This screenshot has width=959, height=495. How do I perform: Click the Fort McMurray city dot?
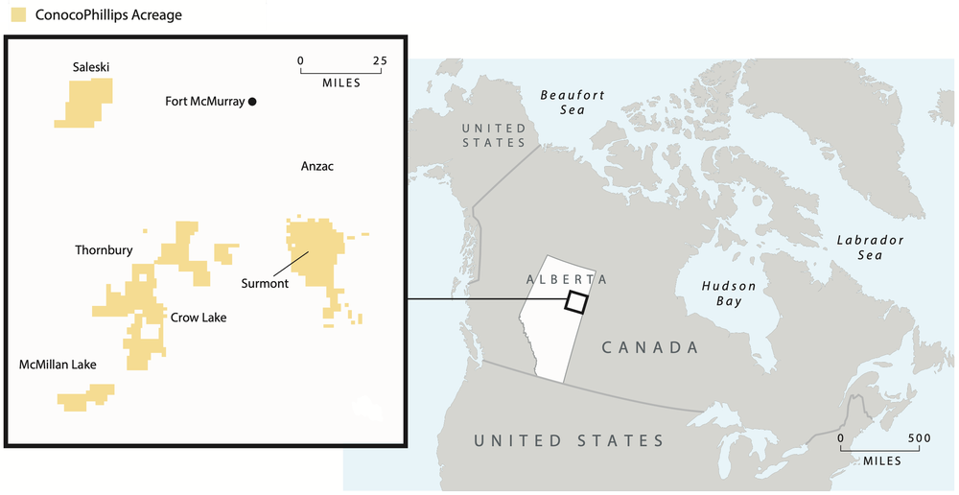point(252,101)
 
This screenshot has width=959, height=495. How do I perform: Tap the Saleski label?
point(92,67)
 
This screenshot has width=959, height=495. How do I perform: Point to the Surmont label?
point(265,283)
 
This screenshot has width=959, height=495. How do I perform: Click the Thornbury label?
point(104,250)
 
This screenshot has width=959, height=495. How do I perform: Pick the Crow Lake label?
point(199,317)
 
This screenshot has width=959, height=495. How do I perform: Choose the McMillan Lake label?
point(58,365)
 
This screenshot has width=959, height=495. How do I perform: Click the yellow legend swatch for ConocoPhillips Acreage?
point(17,15)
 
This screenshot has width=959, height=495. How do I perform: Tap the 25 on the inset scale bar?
point(380,60)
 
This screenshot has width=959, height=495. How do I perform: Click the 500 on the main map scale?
point(920,437)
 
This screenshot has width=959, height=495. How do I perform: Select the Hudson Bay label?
point(728,294)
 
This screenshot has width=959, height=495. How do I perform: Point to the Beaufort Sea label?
point(573,103)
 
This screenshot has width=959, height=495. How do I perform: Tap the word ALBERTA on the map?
point(567,278)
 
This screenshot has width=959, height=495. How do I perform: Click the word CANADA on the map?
point(650,347)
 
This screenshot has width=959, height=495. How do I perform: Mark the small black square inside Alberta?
point(575,301)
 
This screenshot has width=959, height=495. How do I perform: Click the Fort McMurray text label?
point(204,101)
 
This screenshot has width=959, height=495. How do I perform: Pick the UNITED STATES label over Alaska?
point(493,135)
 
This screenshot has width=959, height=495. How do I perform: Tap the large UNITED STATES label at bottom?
point(570,440)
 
